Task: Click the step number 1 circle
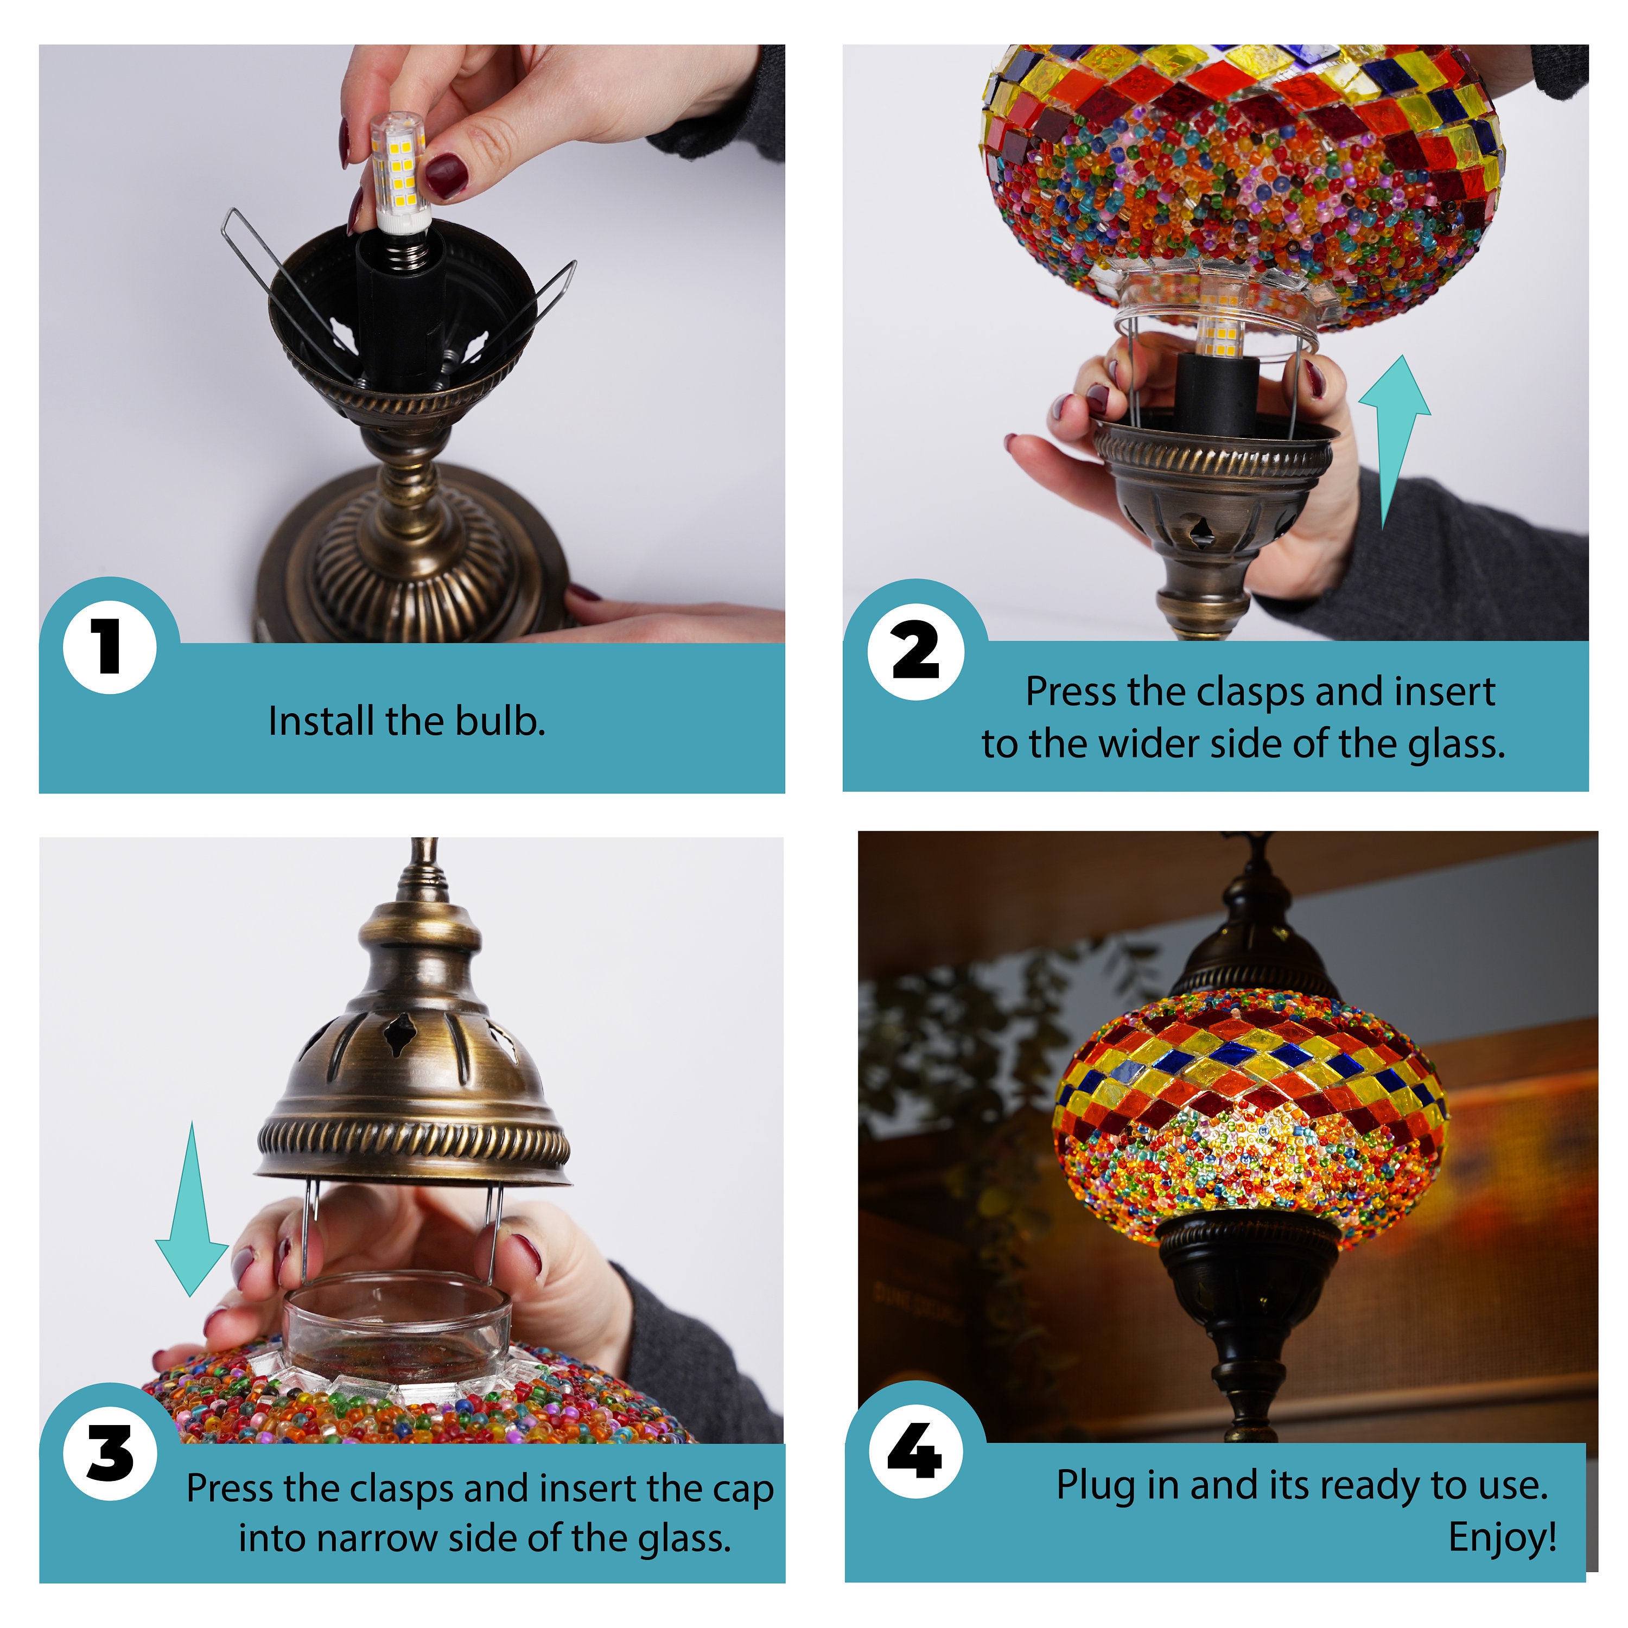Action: click(x=110, y=647)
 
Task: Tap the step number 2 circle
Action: click(x=916, y=651)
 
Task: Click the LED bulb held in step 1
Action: click(x=399, y=173)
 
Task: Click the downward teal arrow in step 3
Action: click(x=192, y=1209)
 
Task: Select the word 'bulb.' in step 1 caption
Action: click(x=500, y=721)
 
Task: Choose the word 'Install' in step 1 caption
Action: click(x=322, y=721)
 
